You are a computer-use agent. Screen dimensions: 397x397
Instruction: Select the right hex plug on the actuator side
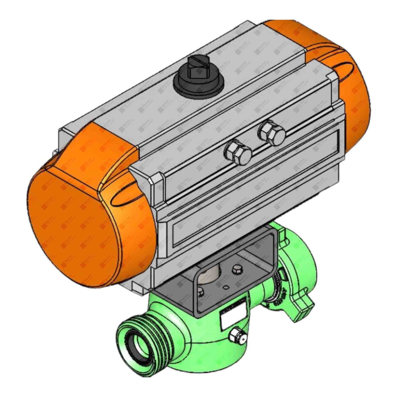pyautogui.click(x=272, y=133)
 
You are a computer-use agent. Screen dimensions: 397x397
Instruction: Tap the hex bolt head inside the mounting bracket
pyautogui.click(x=236, y=269)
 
